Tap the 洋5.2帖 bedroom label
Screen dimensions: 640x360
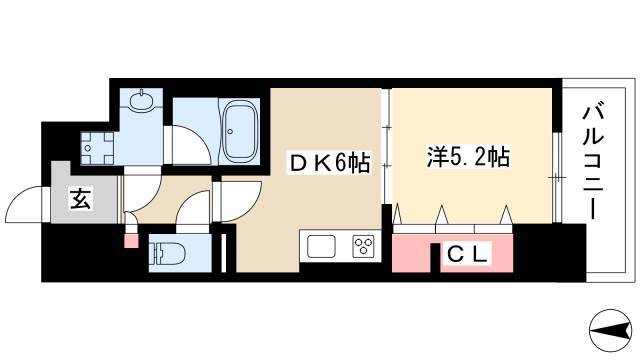(468, 156)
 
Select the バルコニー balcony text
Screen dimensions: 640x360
(593, 162)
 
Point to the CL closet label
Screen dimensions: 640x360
(467, 255)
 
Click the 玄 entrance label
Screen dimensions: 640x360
(81, 199)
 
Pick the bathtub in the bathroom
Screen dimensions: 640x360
(240, 131)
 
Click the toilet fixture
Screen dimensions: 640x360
(167, 253)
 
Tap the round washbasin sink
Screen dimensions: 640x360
(141, 101)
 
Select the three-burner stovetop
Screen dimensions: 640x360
(363, 247)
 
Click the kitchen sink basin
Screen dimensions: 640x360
(321, 247)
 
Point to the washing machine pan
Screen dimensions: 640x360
(97, 148)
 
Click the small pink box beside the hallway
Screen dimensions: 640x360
(131, 241)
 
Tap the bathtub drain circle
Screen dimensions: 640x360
(230, 131)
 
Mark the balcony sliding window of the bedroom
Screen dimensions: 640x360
(558, 177)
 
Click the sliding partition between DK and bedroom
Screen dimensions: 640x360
(386, 146)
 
